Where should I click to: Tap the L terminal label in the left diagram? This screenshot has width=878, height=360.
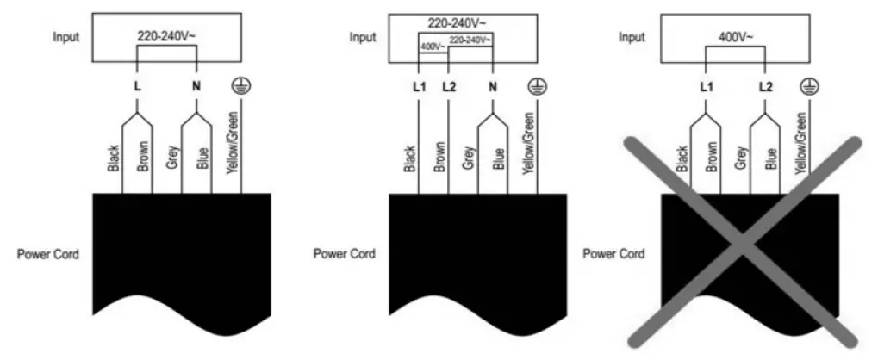click(138, 86)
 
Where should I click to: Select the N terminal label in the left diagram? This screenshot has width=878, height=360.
click(197, 86)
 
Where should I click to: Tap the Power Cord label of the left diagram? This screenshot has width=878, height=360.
click(49, 255)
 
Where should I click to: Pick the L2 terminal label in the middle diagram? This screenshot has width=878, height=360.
click(446, 86)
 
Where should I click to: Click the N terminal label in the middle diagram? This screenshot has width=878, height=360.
click(491, 86)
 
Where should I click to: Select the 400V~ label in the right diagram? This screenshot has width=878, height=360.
click(735, 37)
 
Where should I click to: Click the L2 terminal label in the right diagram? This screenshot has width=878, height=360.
click(764, 86)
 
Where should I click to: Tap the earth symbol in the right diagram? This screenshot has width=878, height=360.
click(808, 84)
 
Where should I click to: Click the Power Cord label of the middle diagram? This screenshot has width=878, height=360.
click(343, 255)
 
